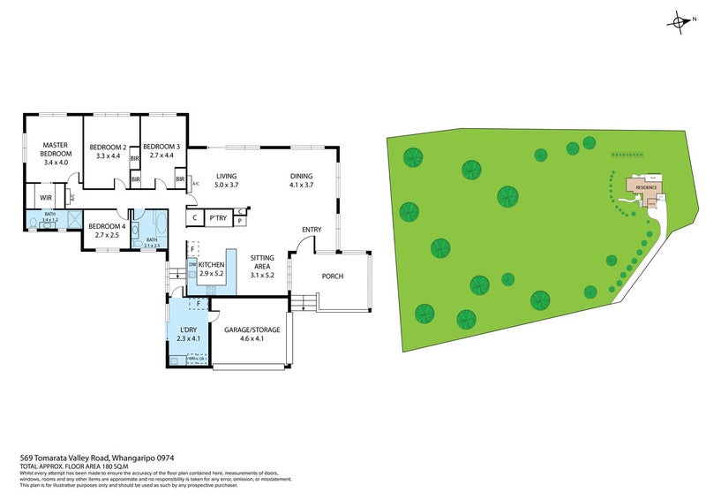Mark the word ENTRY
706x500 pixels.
[x=311, y=230]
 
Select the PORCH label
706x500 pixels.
[x=332, y=277]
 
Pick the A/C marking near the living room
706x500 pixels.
[x=195, y=184]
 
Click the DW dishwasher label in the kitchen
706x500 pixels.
[x=192, y=265]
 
